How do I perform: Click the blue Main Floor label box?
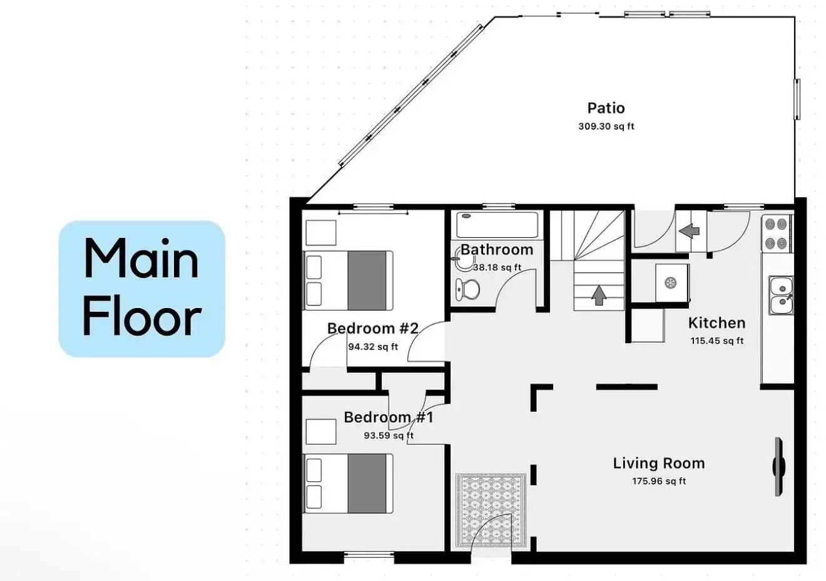point(142,289)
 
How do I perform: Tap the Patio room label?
point(606,108)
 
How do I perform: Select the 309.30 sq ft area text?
point(606,126)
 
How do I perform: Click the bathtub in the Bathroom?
point(497,225)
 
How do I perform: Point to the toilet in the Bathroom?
point(467,289)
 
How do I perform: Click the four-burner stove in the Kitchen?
point(776,234)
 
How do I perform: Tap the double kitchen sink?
point(781,296)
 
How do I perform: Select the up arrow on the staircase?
point(599,295)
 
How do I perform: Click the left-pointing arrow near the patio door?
point(689,231)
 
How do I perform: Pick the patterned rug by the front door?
point(491,510)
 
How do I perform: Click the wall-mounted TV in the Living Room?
point(778,466)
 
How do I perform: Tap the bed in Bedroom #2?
point(348,280)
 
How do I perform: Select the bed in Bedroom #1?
point(348,483)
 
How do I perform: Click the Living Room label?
point(658,463)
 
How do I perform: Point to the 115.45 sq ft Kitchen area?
point(717,341)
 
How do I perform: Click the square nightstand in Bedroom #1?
point(321,431)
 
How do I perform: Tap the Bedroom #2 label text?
point(372,328)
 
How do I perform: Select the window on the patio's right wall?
point(797,99)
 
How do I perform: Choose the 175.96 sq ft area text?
point(659,481)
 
